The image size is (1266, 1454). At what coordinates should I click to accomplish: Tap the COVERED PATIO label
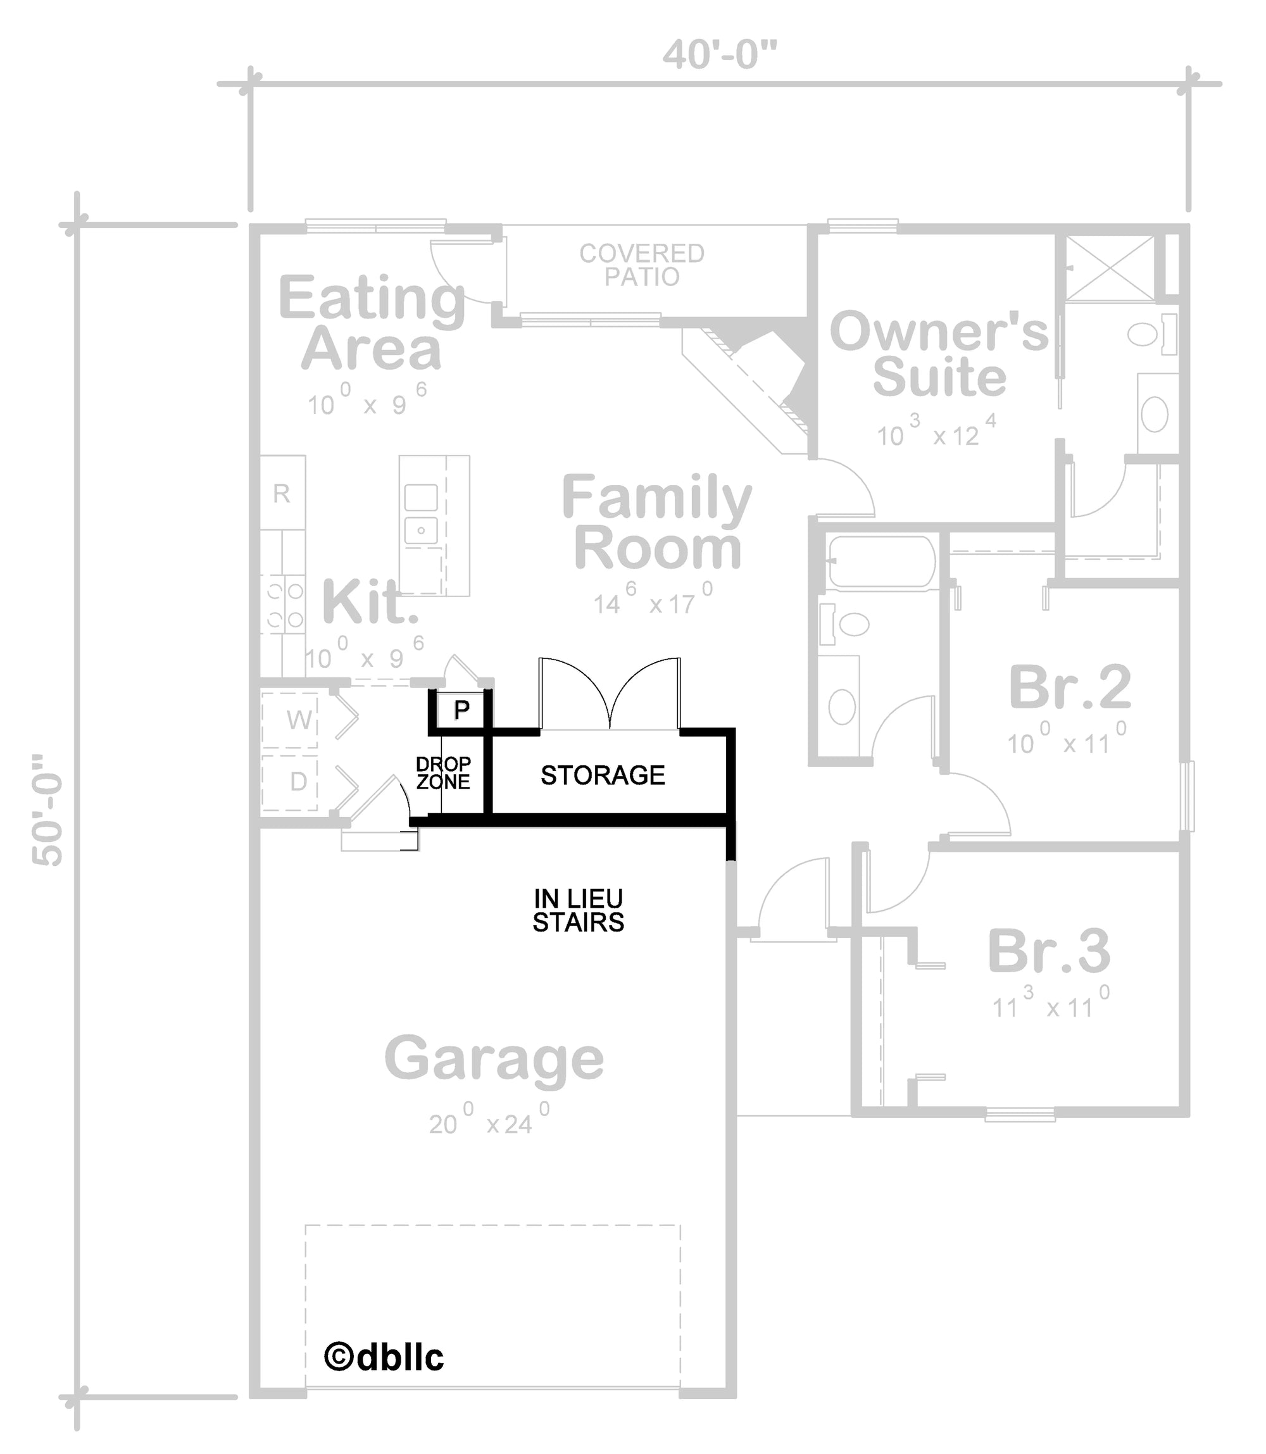(x=641, y=265)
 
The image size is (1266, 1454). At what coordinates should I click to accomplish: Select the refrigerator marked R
(x=282, y=493)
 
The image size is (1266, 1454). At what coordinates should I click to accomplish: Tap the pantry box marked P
(x=461, y=710)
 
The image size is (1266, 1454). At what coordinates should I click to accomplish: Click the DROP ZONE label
(x=443, y=773)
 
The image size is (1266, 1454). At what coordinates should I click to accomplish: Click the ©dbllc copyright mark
(x=384, y=1357)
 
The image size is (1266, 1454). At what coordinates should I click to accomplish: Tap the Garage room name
(x=494, y=1058)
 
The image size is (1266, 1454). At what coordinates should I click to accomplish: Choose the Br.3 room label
(x=1048, y=951)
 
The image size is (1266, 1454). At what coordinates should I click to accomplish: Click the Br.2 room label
(x=1070, y=687)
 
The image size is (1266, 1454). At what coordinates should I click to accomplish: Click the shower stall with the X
(x=1109, y=269)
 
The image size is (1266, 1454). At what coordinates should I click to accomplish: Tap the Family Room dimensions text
(x=652, y=603)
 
